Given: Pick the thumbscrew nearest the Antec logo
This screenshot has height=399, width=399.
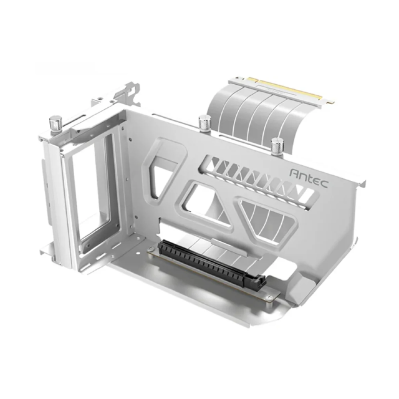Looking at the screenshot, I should click(x=277, y=145).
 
